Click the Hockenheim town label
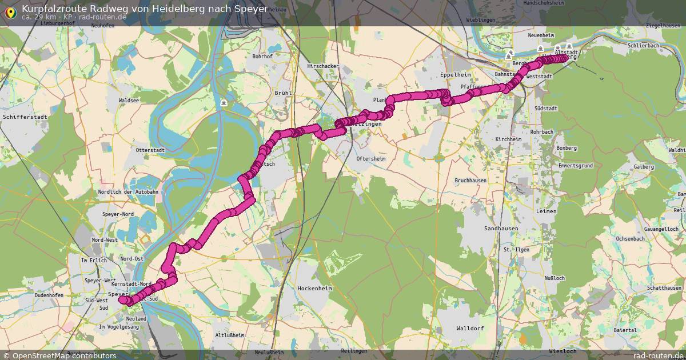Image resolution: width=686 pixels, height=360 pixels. [315, 289]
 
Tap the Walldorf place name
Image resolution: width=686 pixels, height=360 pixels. [470, 329]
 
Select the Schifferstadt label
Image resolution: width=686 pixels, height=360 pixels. [24, 117]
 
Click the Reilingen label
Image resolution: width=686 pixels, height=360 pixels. [353, 350]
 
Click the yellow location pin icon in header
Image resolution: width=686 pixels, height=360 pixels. [10, 11]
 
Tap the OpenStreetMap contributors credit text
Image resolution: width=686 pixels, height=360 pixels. [64, 355]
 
